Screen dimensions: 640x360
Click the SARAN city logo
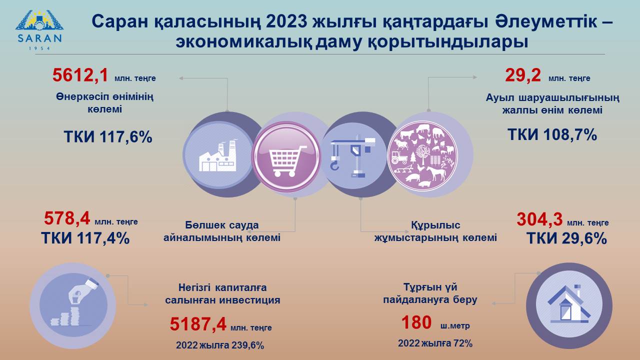tap(39, 30)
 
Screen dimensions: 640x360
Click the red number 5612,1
tap(80, 75)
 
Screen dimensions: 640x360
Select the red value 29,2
tap(523, 75)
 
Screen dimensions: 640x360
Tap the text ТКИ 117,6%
tap(108, 136)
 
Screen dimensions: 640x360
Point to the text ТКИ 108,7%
tap(552, 134)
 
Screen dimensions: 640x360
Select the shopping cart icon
tap(286, 160)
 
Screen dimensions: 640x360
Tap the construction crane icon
tap(353, 156)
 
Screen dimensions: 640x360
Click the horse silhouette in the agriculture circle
tap(436, 173)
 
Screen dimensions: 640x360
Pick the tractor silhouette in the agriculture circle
tap(399, 157)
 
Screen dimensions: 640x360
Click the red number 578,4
tap(67, 218)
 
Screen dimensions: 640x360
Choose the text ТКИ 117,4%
tap(85, 238)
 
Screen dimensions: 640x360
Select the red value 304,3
tap(539, 219)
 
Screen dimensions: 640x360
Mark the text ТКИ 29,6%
tap(566, 238)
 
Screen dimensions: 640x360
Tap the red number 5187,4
tap(198, 324)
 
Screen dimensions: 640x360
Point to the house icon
tap(569, 304)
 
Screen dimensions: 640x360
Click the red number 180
tap(416, 322)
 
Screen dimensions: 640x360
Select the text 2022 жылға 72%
tap(435, 343)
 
